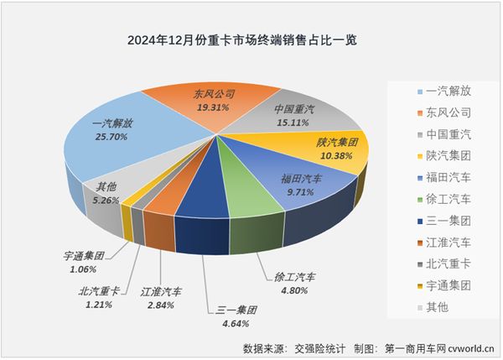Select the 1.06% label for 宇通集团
pos(84,269)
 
